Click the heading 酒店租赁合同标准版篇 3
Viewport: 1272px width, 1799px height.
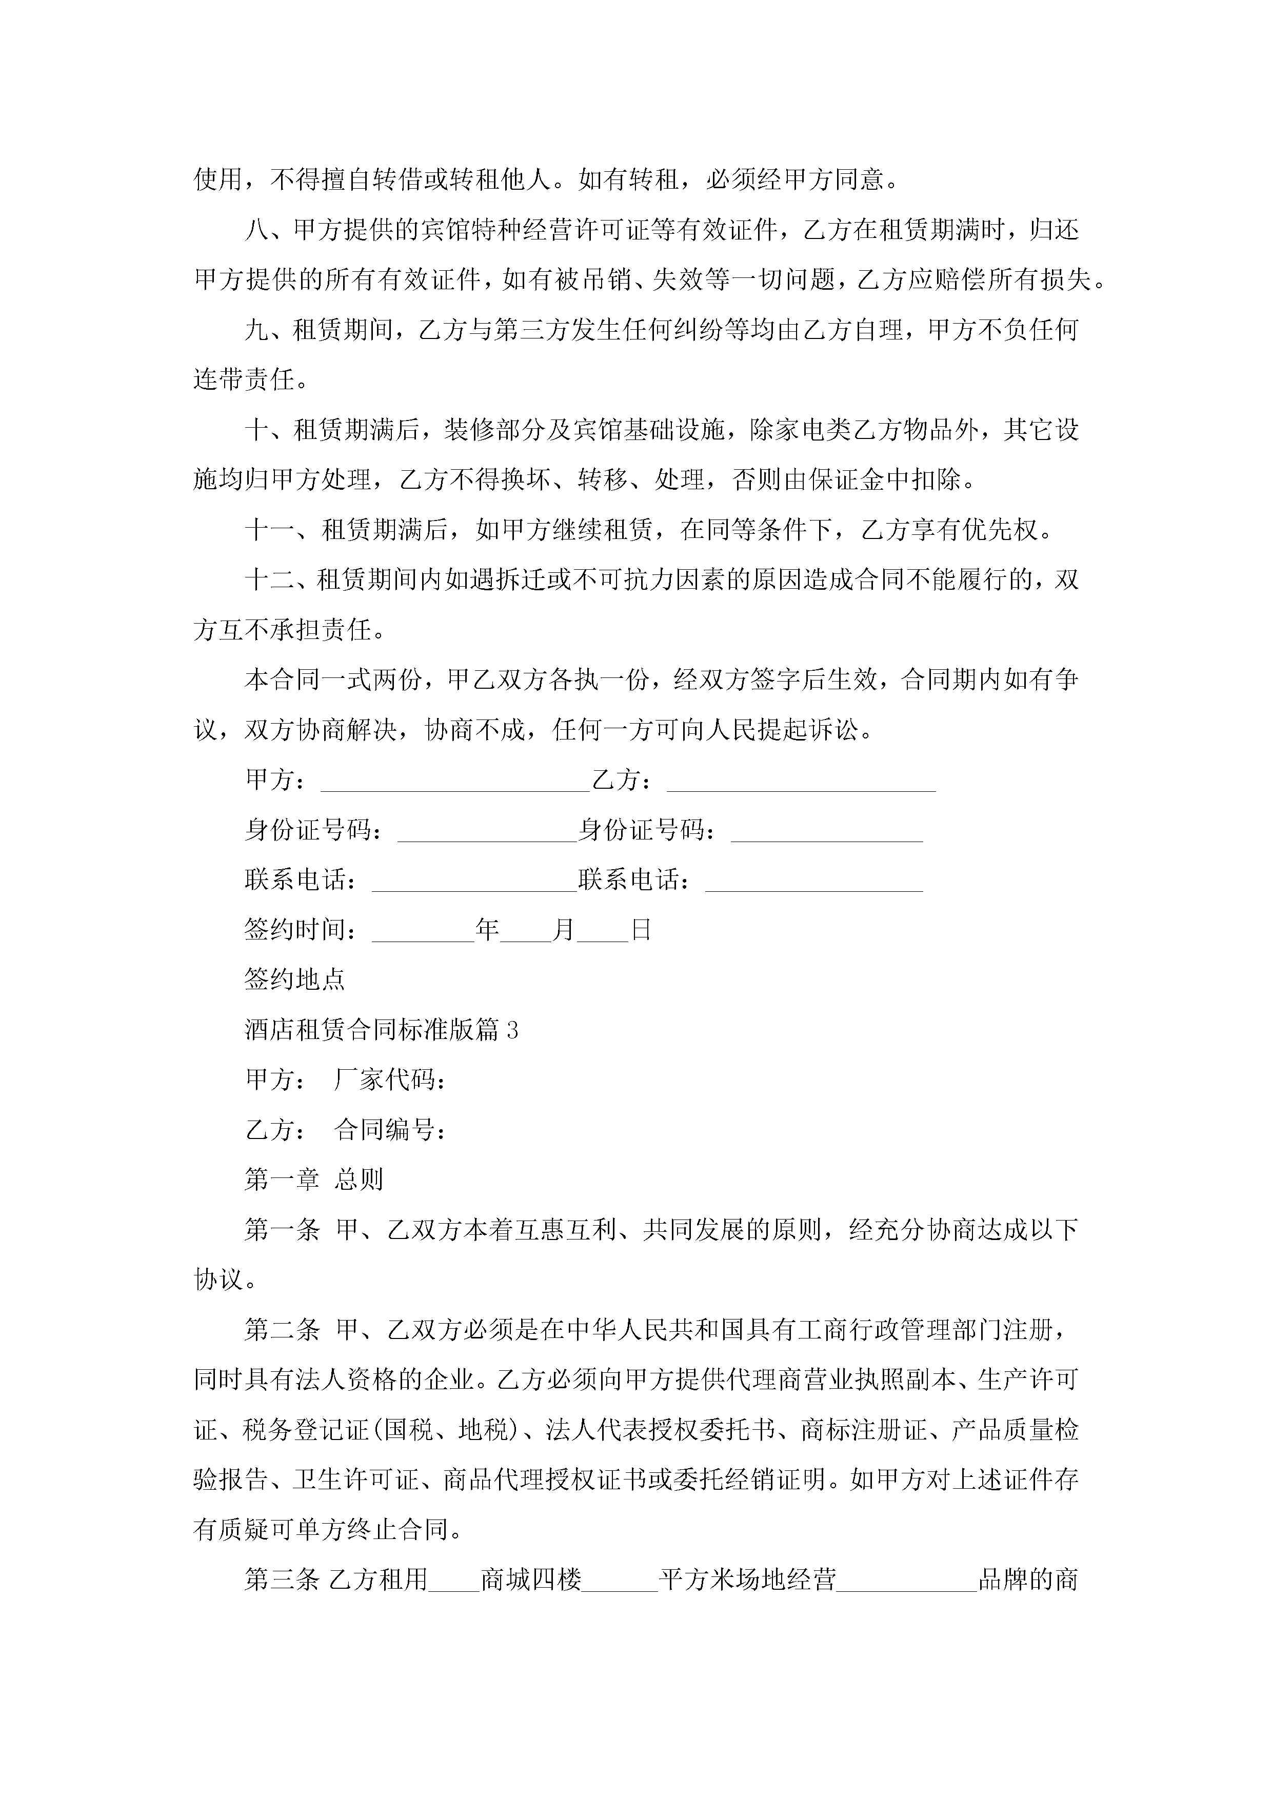coord(381,1030)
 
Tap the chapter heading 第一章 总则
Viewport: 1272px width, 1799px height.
coord(313,1179)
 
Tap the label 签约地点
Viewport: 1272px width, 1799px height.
coord(295,980)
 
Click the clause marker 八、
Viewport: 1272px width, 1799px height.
coord(267,230)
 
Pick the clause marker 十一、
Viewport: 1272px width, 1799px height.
coord(281,530)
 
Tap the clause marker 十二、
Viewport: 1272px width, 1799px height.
coord(281,581)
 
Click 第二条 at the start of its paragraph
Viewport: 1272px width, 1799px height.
coord(282,1330)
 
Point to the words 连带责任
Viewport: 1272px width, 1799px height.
coord(244,380)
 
